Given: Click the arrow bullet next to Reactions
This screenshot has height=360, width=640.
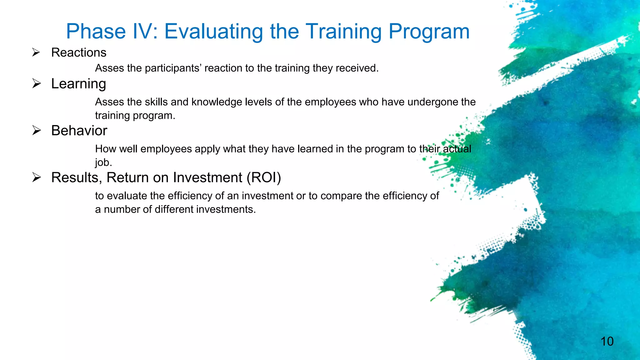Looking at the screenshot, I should pyautogui.click(x=36, y=52).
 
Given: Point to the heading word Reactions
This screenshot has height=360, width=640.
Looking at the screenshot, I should pyautogui.click(x=79, y=52).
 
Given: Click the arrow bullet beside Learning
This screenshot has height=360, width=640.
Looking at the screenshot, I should pyautogui.click(x=37, y=83).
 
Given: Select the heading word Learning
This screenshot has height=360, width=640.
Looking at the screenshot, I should pyautogui.click(x=79, y=84).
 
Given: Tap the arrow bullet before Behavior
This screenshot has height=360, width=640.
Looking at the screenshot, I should pyautogui.click(x=37, y=130).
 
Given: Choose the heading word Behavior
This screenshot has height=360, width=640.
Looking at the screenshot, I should pyautogui.click(x=79, y=131).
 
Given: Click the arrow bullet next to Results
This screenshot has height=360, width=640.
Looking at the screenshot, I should pyautogui.click(x=37, y=177).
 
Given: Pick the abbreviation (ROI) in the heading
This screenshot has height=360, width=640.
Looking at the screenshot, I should pyautogui.click(x=264, y=177).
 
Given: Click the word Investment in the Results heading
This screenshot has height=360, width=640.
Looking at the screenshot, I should pyautogui.click(x=207, y=177).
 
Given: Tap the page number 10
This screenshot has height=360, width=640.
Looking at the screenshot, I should pyautogui.click(x=607, y=341).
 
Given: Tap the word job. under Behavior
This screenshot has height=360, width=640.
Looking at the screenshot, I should pyautogui.click(x=103, y=162).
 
